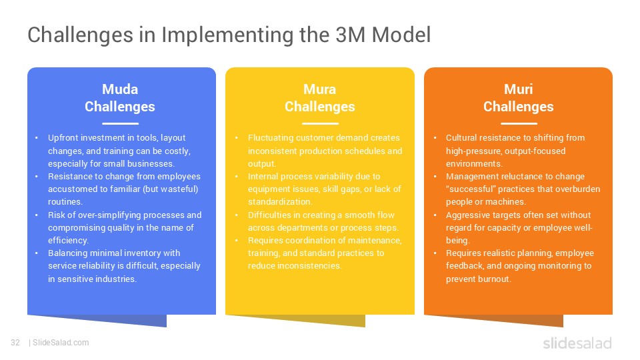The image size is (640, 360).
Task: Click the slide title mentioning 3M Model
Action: (229, 35)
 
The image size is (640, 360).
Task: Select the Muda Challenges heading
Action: (120, 98)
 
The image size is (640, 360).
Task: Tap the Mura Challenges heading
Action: (319, 98)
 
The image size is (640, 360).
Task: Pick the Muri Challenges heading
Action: (518, 98)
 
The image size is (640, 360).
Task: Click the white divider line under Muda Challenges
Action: (120, 123)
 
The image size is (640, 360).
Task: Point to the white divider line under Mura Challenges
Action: (319, 123)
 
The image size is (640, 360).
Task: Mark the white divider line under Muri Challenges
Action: (518, 123)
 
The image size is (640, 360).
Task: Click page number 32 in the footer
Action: (15, 343)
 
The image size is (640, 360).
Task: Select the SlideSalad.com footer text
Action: (60, 343)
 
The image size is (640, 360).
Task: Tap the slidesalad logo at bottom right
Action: (577, 343)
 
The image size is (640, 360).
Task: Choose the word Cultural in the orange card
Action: (461, 138)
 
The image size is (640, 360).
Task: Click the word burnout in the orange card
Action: (495, 279)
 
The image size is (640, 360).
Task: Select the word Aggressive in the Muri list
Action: (468, 215)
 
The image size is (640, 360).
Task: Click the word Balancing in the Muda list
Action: (67, 253)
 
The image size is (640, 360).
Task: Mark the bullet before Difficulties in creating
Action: (237, 215)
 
